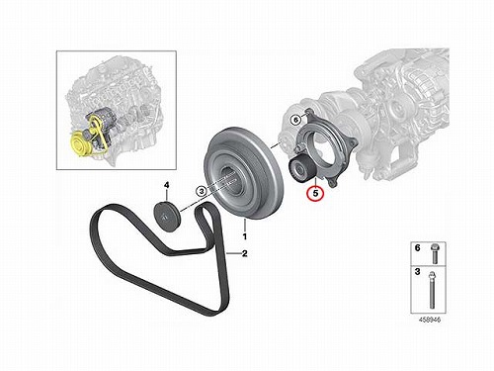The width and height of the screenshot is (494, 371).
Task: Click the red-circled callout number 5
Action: [315, 193]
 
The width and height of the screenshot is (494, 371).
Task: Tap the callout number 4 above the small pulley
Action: [167, 186]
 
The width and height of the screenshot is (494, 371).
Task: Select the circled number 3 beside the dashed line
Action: [202, 190]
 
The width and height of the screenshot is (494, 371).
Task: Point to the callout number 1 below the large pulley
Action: [245, 236]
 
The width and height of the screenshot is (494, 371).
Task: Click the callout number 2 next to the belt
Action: [244, 253]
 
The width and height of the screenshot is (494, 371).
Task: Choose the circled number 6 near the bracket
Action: [295, 120]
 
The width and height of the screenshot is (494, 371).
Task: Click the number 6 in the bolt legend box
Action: [417, 248]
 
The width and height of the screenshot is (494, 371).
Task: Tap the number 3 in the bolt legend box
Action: [417, 272]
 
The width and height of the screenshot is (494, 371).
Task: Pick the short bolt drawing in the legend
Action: [434, 253]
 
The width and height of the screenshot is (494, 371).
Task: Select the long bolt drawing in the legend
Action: [432, 290]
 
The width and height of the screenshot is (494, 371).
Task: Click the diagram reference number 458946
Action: [429, 320]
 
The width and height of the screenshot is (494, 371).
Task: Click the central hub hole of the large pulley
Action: [232, 181]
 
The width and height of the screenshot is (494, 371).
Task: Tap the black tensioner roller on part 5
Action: [301, 169]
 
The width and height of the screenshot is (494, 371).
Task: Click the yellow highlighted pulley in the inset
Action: [78, 143]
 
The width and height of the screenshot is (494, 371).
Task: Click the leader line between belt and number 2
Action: [233, 253]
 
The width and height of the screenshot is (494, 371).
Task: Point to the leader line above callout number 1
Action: [245, 225]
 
